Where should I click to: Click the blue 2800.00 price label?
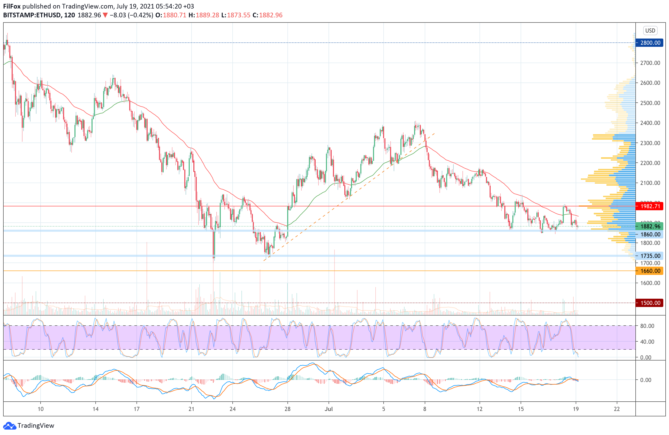point(650,43)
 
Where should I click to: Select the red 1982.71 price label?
point(650,206)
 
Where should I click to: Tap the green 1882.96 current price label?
point(650,226)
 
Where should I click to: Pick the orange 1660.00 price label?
point(650,271)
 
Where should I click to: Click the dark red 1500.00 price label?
point(650,303)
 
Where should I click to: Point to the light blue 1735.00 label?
point(650,256)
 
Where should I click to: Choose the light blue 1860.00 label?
point(650,234)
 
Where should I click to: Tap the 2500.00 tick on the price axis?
point(650,103)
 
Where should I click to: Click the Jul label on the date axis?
point(328,409)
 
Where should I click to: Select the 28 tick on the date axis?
point(287,409)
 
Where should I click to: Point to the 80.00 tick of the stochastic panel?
point(647,326)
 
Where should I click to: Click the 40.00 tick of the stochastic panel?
point(647,342)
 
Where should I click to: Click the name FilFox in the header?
point(12,6)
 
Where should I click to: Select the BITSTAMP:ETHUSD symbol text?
point(32,15)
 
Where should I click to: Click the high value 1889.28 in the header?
point(207,15)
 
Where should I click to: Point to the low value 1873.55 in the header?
point(238,15)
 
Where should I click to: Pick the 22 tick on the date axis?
point(617,409)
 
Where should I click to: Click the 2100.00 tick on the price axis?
point(650,183)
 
